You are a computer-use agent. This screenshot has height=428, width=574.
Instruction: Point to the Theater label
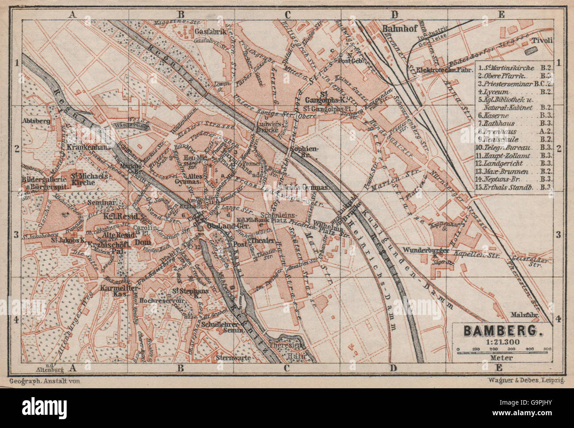264,240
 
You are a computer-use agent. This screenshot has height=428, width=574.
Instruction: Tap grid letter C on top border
287,14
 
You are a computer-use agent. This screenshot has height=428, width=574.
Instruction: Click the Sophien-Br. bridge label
305,152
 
